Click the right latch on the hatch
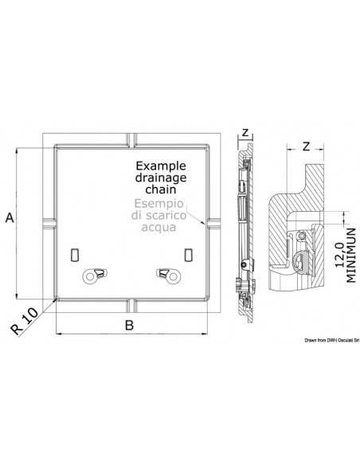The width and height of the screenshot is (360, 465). pyautogui.click(x=169, y=275)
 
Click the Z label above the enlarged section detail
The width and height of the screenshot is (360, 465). pyautogui.click(x=307, y=146)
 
